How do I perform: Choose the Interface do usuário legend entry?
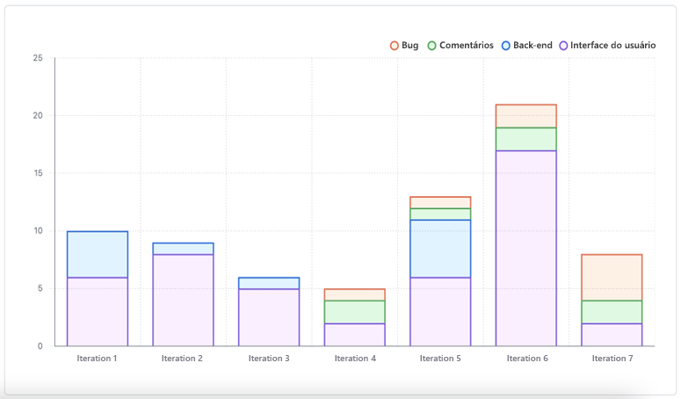[x=606, y=45]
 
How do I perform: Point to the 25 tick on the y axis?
[x=38, y=59]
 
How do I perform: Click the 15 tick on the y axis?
[x=38, y=174]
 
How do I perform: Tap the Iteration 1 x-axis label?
[x=97, y=359]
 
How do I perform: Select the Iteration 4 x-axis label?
[x=354, y=359]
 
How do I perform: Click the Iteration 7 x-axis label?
[x=612, y=359]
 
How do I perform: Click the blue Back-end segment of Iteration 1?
[x=97, y=255]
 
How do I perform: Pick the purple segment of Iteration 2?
[x=183, y=300]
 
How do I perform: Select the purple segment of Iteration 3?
[x=268, y=317]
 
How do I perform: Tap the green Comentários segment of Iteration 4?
[x=354, y=312]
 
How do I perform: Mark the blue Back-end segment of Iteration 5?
[x=440, y=249]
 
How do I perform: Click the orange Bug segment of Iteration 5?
[x=440, y=202]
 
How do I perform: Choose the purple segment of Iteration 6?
[x=525, y=248]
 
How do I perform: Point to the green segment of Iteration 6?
[x=525, y=139]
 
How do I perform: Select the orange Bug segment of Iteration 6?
[x=525, y=116]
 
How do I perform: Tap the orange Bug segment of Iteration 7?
[x=612, y=277]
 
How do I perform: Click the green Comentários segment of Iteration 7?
[x=612, y=312]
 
